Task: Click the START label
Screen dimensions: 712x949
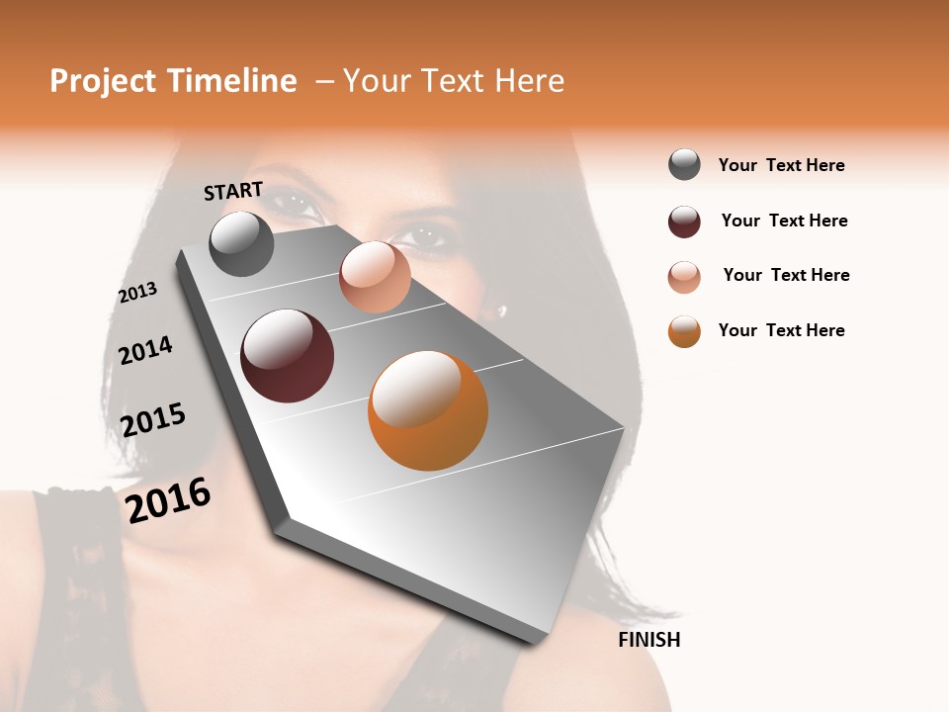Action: pos(233,191)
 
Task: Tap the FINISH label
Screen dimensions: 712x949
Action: pos(649,640)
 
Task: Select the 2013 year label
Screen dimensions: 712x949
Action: pos(137,293)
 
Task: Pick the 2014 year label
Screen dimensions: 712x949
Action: pos(145,350)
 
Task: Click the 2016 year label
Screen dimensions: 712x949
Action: pos(168,499)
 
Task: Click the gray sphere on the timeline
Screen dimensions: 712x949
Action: pos(241,243)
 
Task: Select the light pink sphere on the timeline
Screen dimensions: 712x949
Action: pos(375,277)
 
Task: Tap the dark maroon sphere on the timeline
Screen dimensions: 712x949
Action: pos(287,356)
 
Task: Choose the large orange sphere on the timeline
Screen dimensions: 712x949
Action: pos(428,410)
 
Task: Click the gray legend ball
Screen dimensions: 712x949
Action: pos(684,164)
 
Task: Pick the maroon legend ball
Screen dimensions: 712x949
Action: pos(684,222)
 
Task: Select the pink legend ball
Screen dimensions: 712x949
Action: pos(684,277)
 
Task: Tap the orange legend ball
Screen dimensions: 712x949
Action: pos(684,331)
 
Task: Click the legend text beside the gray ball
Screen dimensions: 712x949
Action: pos(782,165)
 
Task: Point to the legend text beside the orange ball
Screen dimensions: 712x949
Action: pos(782,330)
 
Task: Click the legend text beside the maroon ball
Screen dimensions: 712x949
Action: pos(785,221)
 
